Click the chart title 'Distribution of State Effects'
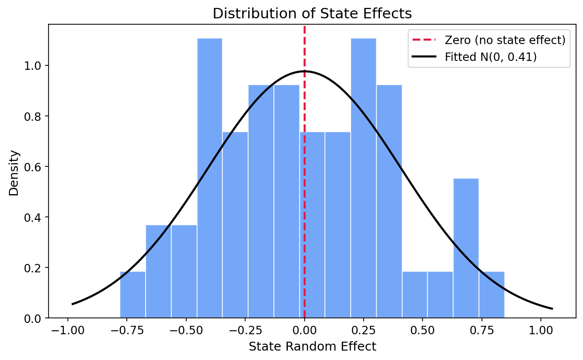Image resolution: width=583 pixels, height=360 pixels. (x=312, y=14)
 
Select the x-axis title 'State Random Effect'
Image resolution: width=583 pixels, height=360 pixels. (x=312, y=346)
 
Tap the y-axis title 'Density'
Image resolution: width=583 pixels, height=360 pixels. (x=14, y=173)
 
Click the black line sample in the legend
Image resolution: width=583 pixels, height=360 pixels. (x=424, y=57)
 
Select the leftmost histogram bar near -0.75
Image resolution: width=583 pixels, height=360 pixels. (x=133, y=295)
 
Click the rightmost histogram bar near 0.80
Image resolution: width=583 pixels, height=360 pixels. (x=491, y=295)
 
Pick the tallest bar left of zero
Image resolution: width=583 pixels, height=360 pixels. (x=210, y=178)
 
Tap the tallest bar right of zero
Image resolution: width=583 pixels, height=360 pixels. (x=363, y=178)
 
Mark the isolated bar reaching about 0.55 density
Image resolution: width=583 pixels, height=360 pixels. (x=466, y=248)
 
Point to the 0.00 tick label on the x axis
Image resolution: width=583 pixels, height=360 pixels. (x=304, y=331)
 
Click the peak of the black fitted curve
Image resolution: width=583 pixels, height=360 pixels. (x=304, y=71)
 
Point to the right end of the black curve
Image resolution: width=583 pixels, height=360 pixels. (x=552, y=309)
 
